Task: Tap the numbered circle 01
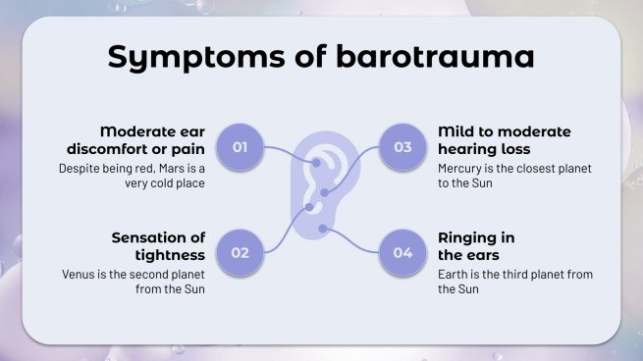click(240, 148)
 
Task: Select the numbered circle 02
click(240, 252)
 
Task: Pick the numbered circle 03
click(402, 148)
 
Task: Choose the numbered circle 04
click(402, 252)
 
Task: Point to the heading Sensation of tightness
click(157, 246)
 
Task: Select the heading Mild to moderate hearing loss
click(504, 140)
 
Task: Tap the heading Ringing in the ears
click(476, 246)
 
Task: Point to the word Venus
click(79, 275)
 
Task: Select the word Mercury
click(460, 169)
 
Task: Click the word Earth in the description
click(453, 275)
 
